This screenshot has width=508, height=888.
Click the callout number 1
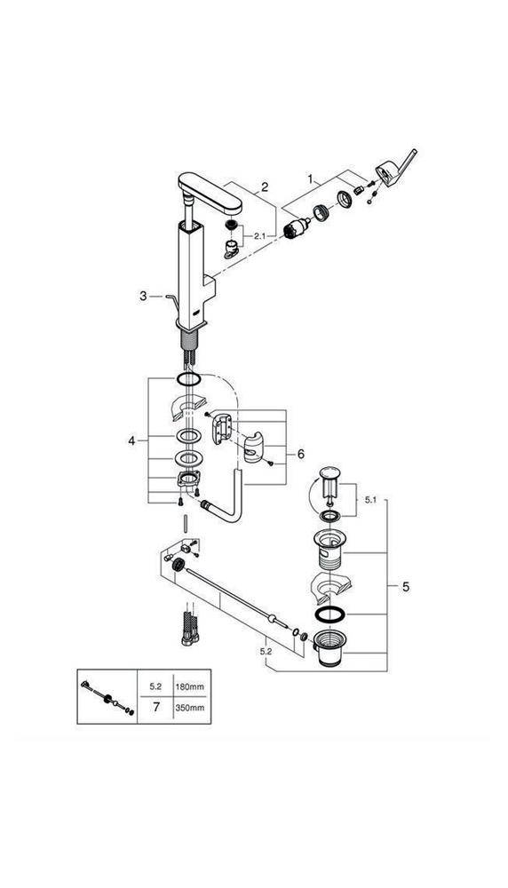pyautogui.click(x=310, y=179)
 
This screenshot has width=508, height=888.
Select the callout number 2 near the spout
pyautogui.click(x=265, y=186)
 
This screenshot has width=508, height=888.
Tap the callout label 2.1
pyautogui.click(x=260, y=235)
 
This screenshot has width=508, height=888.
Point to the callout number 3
pyautogui.click(x=143, y=296)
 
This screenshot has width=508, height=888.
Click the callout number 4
pyautogui.click(x=132, y=440)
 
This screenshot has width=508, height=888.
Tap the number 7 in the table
pyautogui.click(x=155, y=708)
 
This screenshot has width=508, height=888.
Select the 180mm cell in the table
pyautogui.click(x=190, y=687)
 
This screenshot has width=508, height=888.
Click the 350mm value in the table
pyautogui.click(x=190, y=708)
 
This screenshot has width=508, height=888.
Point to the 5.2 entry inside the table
pyautogui.click(x=155, y=687)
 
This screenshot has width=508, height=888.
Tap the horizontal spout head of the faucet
pyautogui.click(x=210, y=193)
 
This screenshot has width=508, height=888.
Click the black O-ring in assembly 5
pyautogui.click(x=328, y=615)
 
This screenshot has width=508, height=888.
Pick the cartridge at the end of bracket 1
pyautogui.click(x=296, y=229)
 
